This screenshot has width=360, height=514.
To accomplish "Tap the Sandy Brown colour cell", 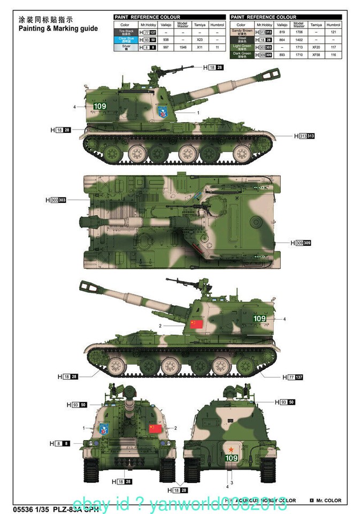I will click(x=241, y=32).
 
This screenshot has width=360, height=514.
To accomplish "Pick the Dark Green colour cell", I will click(x=241, y=55).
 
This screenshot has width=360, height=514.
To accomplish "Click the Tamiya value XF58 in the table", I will click(x=316, y=55).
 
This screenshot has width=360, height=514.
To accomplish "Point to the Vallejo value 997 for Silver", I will click(x=166, y=48).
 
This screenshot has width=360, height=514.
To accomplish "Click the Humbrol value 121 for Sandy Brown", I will click(x=333, y=32).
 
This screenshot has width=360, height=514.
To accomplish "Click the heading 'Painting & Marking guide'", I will click(x=58, y=28).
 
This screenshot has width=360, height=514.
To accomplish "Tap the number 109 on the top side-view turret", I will click(x=99, y=106).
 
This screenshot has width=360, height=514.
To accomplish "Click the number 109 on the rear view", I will click(x=231, y=458).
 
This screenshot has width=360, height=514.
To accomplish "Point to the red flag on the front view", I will click(x=155, y=428).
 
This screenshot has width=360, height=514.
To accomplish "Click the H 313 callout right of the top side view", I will click(x=304, y=136).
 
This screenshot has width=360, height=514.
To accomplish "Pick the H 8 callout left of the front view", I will click(x=60, y=443).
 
